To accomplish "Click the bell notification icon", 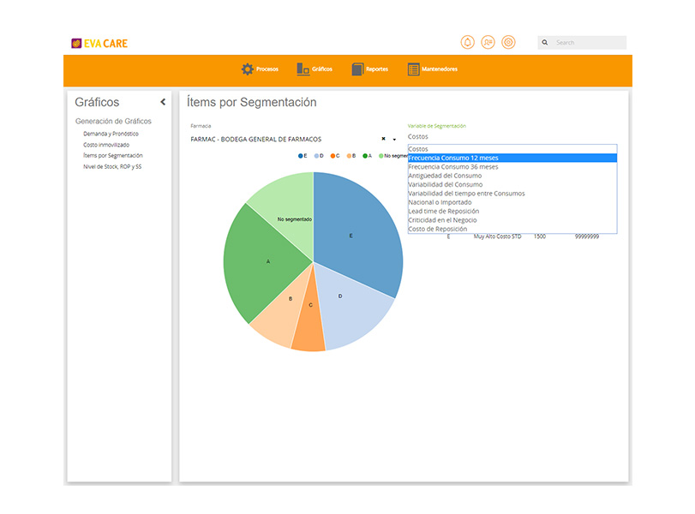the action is pos(467,42).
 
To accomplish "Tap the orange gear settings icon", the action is pos(508,42).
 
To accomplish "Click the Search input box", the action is pos(582,43).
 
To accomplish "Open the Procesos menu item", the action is pos(260,69).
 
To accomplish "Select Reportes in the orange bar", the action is pos(369,69).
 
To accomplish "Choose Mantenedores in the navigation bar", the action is pos(432,69).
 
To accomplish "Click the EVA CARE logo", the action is pos(99,44).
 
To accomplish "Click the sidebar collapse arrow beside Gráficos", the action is pos(163,102).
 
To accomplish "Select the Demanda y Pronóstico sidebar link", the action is pos(111,134).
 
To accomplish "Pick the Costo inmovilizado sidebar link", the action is pos(106,145).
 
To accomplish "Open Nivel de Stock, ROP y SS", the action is pos(112,166).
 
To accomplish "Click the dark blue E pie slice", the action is pos(355,230).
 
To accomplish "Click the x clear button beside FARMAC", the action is pos(383,139).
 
